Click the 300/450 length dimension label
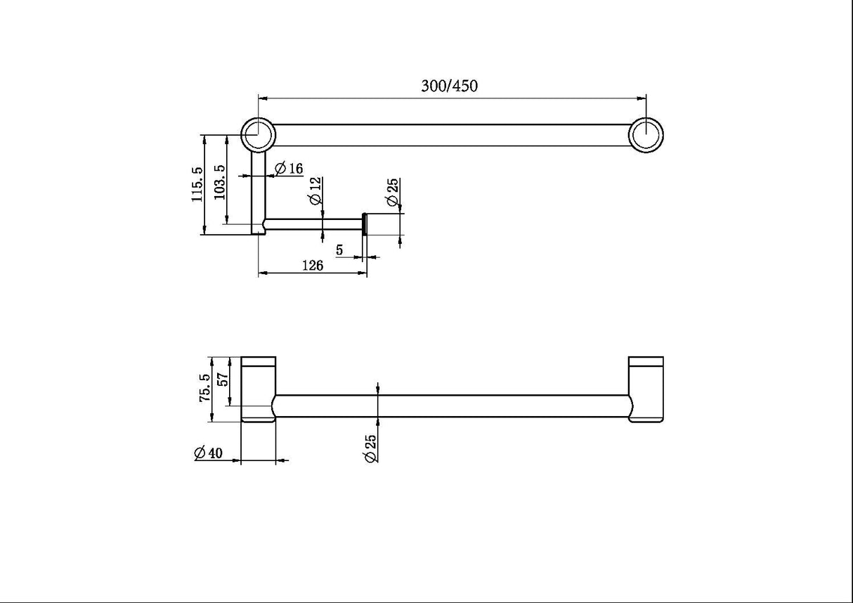pos(449,86)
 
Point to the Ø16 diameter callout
pos(288,169)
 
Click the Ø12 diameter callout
pos(315,190)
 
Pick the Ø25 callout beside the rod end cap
pos(393,193)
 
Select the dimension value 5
pos(339,249)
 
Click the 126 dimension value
pos(312,266)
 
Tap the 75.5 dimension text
pos(205,387)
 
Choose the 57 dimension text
pos(223,380)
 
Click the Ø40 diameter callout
pos(209,453)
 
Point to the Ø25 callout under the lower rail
pos(372,448)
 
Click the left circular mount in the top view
pos(257,134)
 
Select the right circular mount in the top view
pos(645,135)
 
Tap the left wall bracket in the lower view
pos(258,390)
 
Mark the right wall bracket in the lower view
pos(646,390)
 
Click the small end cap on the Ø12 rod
pos(364,224)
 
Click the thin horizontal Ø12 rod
pos(313,224)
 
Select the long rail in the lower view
pos(450,406)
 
